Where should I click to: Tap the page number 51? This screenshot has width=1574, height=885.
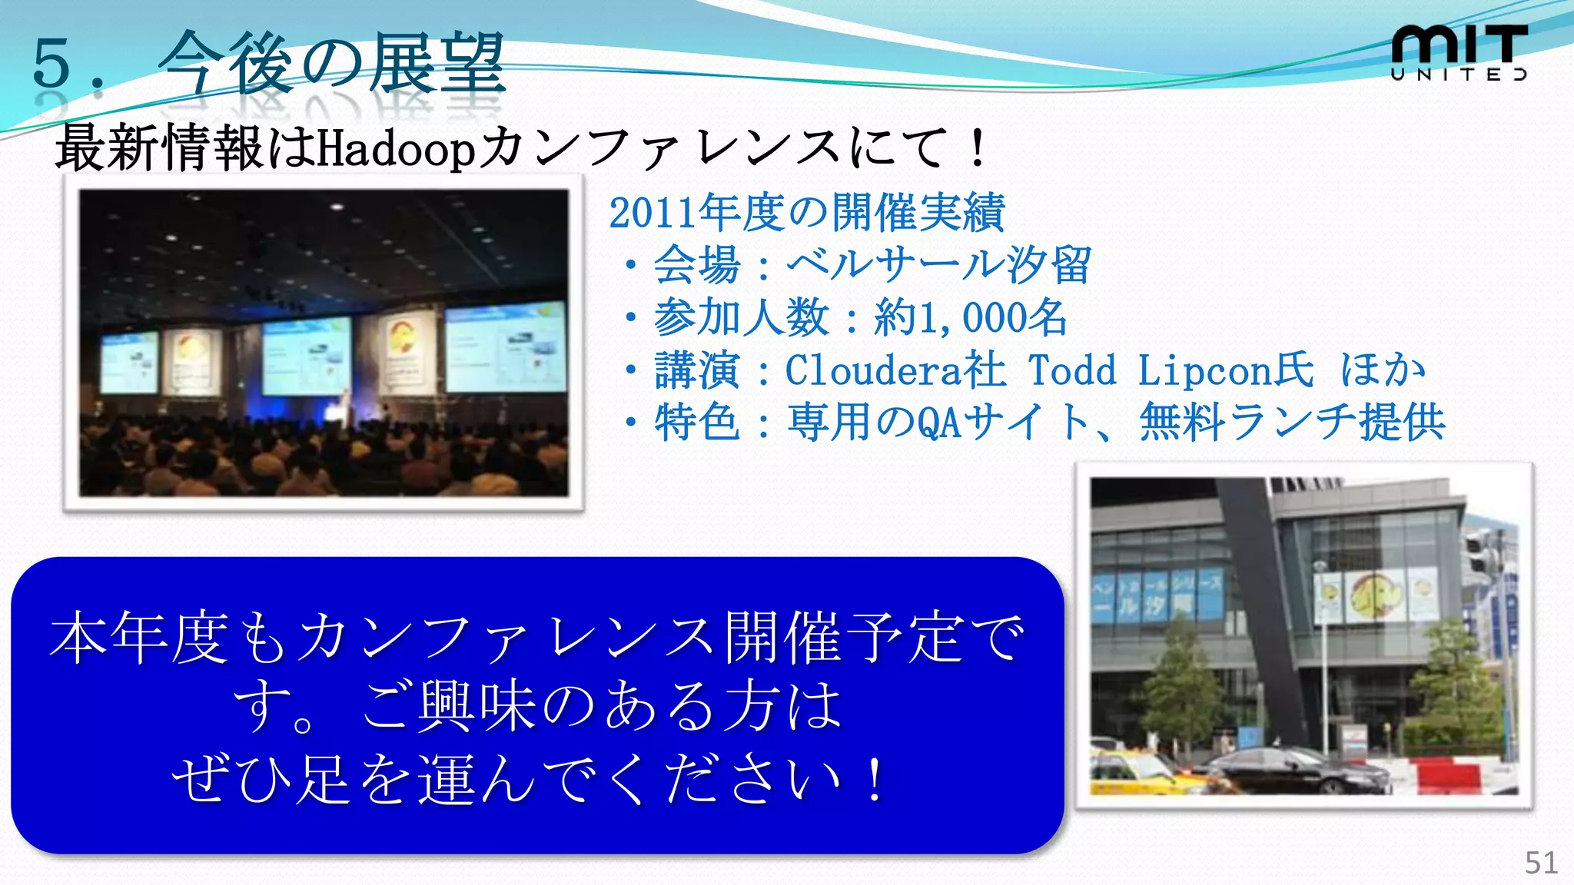coord(1541,863)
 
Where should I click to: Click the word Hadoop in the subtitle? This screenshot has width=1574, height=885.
coord(396,148)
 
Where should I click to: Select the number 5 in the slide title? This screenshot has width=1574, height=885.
coord(51,64)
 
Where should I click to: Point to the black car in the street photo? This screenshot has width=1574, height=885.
coord(1299,768)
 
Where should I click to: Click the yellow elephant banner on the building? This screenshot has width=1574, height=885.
coord(1372,595)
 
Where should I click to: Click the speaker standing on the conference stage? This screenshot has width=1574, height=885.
coord(346,407)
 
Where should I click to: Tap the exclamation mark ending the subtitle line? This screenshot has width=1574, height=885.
coord(978,148)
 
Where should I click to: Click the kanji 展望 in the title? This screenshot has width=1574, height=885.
coord(437,64)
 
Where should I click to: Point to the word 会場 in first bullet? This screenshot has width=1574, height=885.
coord(696,266)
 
